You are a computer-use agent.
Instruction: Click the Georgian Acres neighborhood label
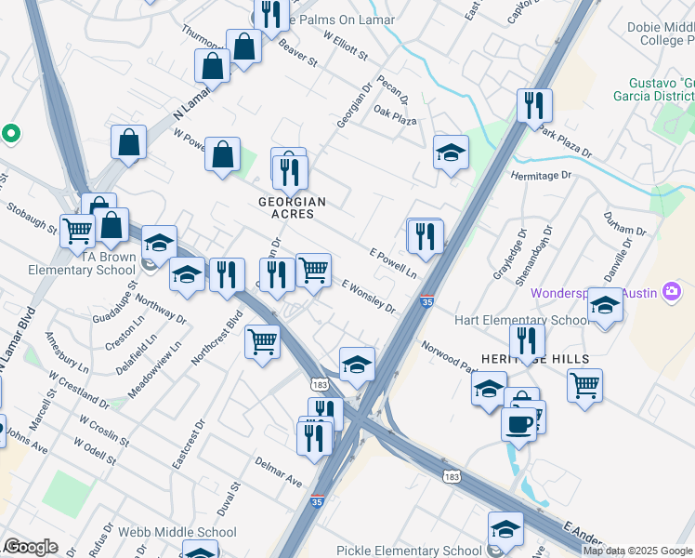click(292, 207)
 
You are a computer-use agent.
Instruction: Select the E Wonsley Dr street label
click(369, 297)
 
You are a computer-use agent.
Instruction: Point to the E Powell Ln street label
click(392, 263)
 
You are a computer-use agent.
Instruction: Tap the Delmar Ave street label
click(281, 483)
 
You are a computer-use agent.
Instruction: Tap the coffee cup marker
click(518, 423)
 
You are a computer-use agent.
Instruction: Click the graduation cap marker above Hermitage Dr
click(451, 153)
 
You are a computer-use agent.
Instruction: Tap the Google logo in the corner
click(30, 547)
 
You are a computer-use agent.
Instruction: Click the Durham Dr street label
click(623, 230)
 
